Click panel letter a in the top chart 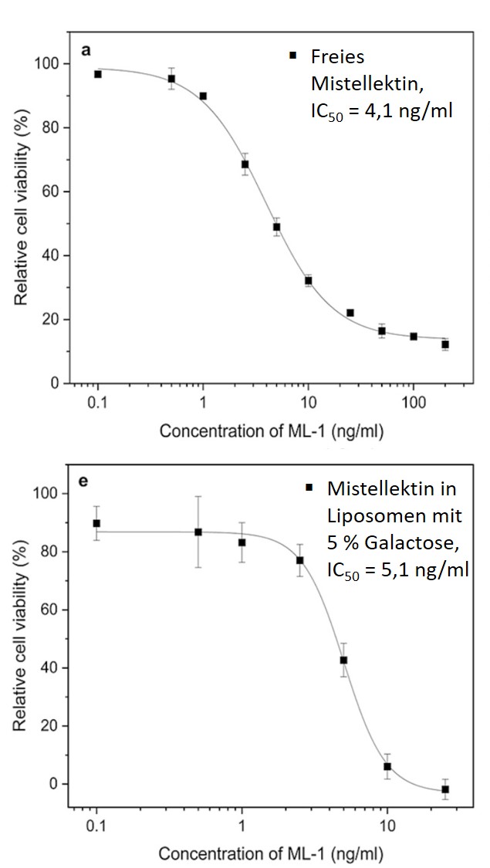[x=87, y=50]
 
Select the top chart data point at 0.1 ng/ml [x=98, y=74]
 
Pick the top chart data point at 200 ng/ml [x=445, y=344]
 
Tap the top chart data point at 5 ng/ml [x=276, y=227]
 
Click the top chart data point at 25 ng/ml [x=350, y=312]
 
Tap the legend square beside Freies [x=292, y=56]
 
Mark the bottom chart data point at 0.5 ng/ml [x=198, y=532]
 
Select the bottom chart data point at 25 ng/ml [x=445, y=789]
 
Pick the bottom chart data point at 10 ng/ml [x=387, y=766]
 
